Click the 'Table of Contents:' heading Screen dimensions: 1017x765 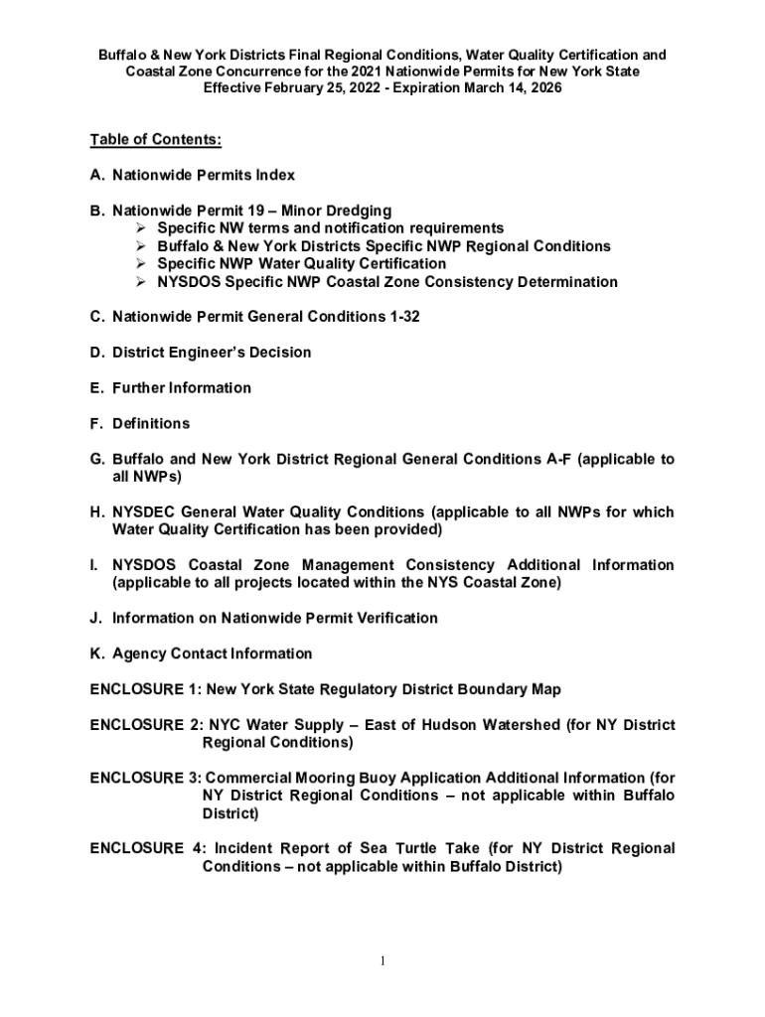point(155,139)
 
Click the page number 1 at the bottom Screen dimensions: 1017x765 point(382,960)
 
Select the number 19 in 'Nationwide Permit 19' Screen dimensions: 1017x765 point(259,211)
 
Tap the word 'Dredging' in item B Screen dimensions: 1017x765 point(360,211)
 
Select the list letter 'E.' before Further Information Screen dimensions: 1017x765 point(97,388)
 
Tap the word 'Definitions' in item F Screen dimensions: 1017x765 point(151,424)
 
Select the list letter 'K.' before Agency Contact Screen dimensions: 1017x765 point(97,654)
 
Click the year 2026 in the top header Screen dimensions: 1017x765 point(543,87)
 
